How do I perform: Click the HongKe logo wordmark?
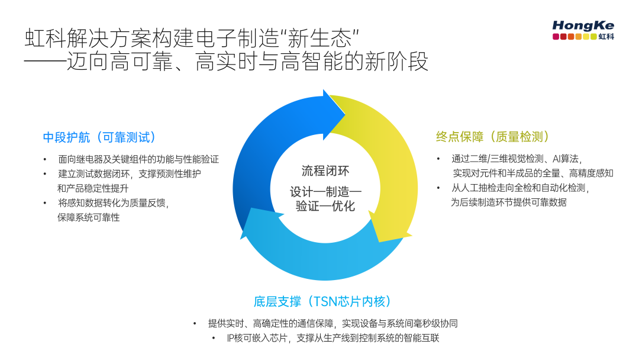tap(583, 25)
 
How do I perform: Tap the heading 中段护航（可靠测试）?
tap(100, 137)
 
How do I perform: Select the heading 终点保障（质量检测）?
tap(493, 137)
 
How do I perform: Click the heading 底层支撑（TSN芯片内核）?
tap(323, 301)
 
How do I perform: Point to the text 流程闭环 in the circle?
tap(325, 171)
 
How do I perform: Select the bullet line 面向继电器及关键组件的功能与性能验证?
tap(138, 159)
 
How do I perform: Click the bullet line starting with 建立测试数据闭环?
tap(129, 174)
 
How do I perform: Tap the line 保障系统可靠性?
tap(88, 217)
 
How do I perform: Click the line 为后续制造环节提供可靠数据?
tap(509, 202)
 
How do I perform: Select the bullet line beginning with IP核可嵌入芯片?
tap(333, 338)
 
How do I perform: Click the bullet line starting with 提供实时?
tap(333, 323)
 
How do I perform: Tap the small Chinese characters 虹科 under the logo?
tap(606, 37)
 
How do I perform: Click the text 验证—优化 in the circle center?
tap(325, 207)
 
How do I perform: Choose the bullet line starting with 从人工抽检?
tap(520, 188)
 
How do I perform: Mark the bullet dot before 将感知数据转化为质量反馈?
tap(45, 203)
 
